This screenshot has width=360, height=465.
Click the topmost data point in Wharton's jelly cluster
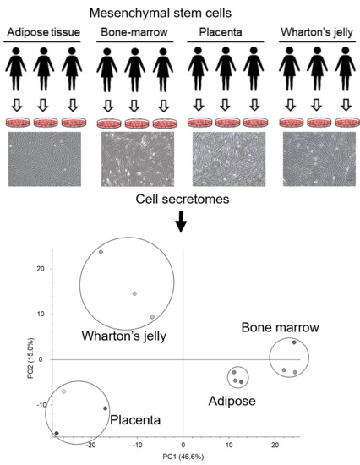[101, 252]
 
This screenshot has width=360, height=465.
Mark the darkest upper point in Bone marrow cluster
[294, 342]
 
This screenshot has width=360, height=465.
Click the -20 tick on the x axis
[92, 444]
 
